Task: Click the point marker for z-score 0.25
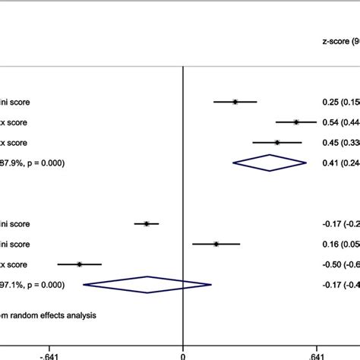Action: [235, 101]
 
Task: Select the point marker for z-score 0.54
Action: [295, 122]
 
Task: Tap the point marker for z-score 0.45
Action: [277, 142]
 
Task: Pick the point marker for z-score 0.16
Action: [216, 244]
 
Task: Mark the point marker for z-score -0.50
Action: [80, 264]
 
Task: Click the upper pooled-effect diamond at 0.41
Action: [269, 163]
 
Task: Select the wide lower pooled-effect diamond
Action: [147, 285]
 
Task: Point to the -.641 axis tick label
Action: [49, 353]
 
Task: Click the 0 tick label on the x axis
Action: [183, 353]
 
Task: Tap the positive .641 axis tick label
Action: [317, 353]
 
